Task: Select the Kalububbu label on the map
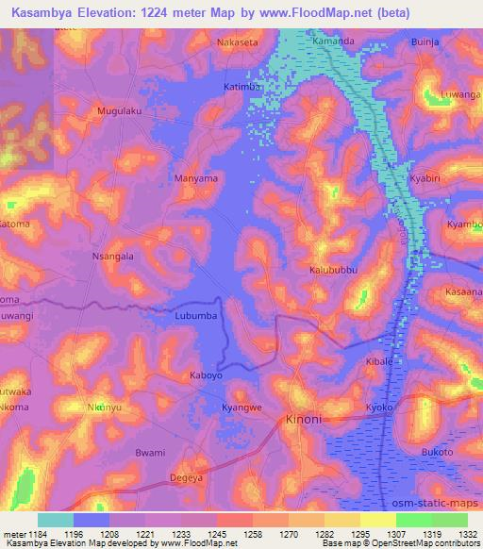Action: tap(334, 270)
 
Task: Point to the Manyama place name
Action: tap(196, 177)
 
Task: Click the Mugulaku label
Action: tap(120, 111)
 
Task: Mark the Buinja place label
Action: tap(426, 42)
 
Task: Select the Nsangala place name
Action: tap(112, 256)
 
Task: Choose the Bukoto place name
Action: tap(437, 453)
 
